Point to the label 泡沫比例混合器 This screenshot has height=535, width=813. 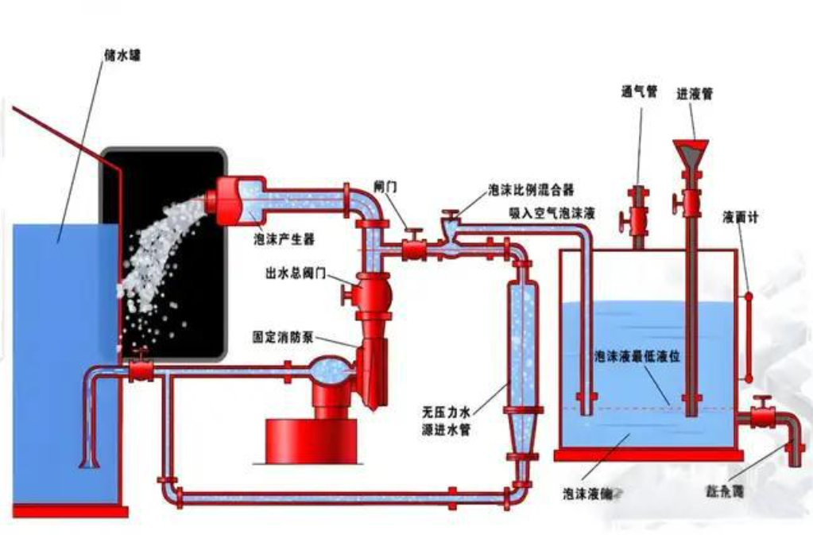click(x=531, y=191)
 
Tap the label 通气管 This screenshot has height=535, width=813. click(x=639, y=91)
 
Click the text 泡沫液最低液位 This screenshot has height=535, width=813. click(x=637, y=359)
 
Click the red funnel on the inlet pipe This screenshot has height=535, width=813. click(x=691, y=153)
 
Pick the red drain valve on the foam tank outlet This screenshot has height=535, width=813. click(x=764, y=415)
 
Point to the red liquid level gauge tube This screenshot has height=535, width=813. click(x=747, y=334)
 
